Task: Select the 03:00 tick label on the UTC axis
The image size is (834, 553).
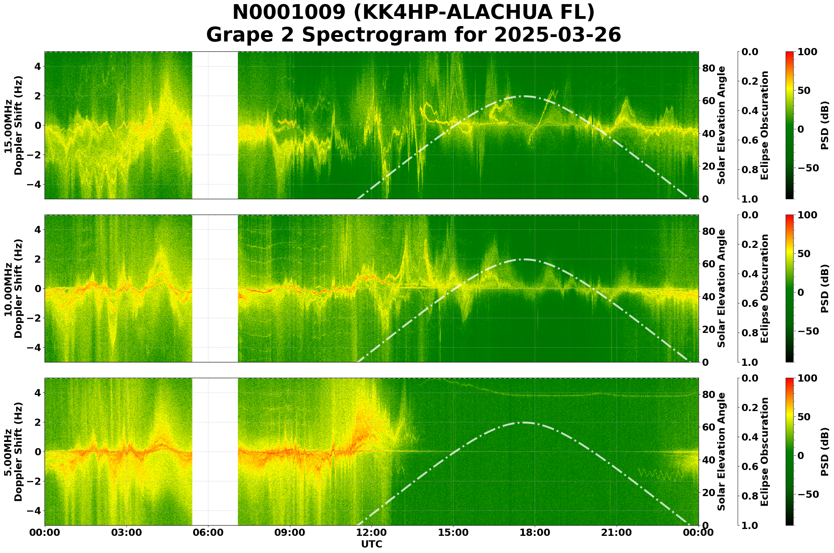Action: (126, 532)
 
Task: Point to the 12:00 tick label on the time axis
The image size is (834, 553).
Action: (371, 532)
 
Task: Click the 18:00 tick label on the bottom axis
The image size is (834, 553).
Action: (535, 532)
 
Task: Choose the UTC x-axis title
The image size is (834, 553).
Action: (371, 544)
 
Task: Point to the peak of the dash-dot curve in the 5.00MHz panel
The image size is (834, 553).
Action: (524, 422)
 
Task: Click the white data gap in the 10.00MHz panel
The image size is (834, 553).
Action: (215, 288)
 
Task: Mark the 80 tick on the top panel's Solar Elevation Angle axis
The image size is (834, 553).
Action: (709, 68)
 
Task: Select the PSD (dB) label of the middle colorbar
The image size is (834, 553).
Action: (824, 288)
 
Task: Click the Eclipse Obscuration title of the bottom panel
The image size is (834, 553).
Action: (764, 452)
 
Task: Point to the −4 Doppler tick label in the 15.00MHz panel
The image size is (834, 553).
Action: (36, 184)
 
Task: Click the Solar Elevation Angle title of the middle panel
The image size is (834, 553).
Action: (722, 288)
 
